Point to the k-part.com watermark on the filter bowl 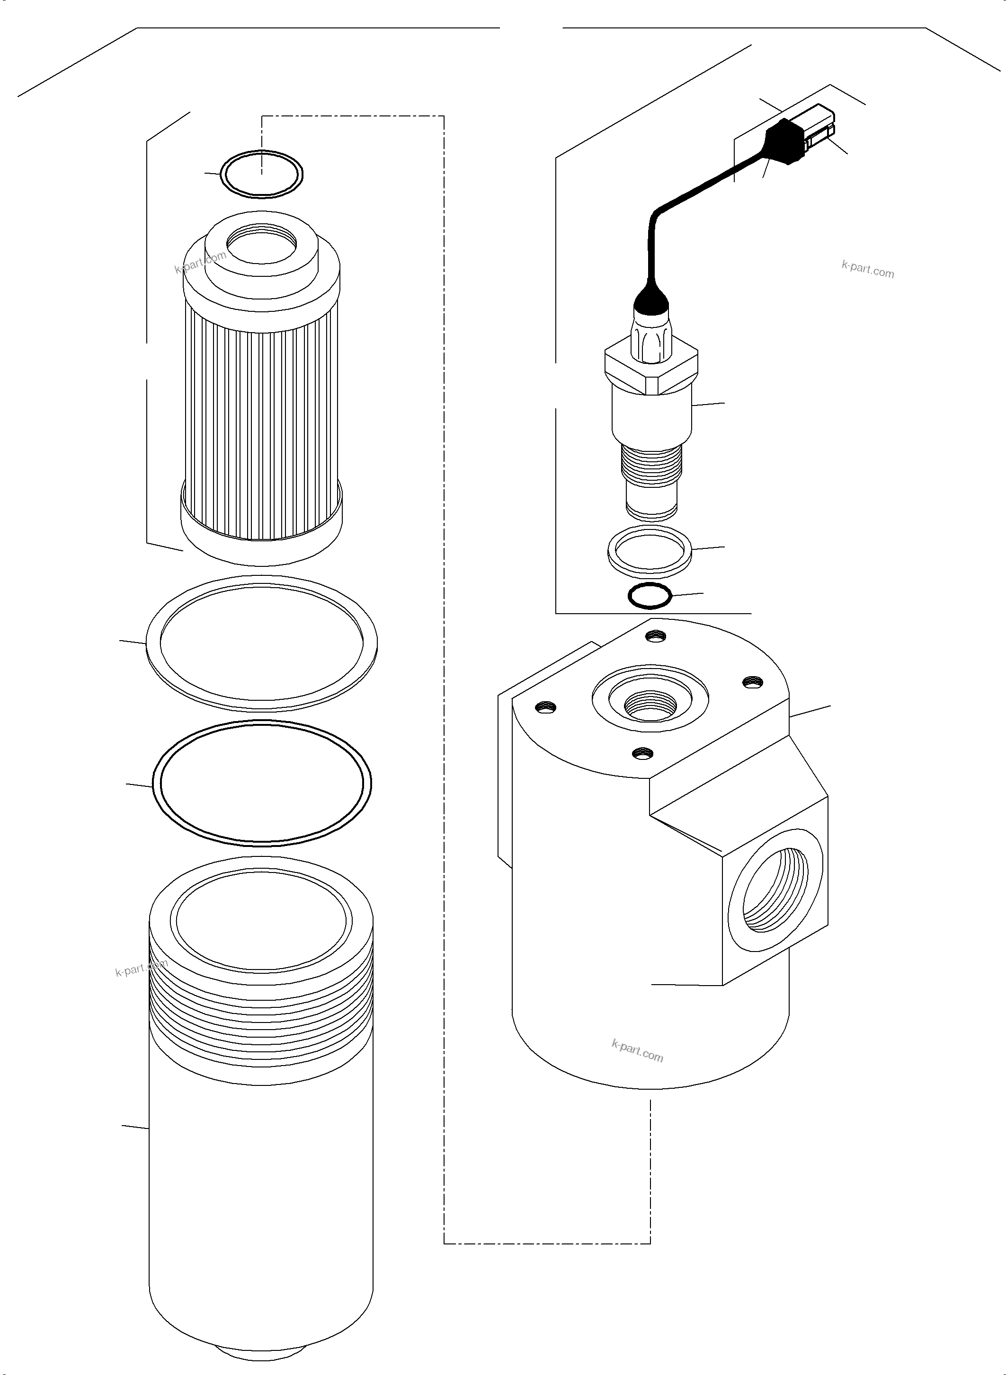141,968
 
